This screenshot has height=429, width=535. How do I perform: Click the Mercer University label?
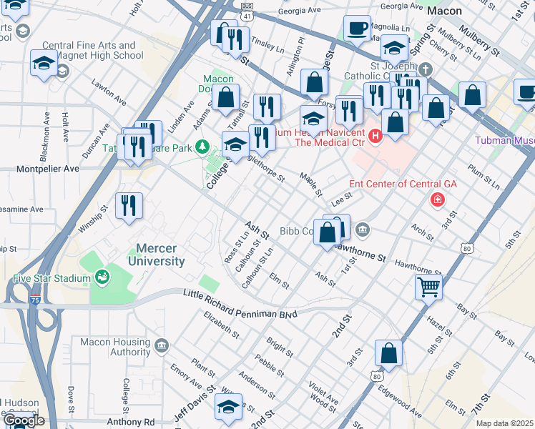coord(156,255)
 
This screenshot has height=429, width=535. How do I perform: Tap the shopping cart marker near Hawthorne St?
coord(428,287)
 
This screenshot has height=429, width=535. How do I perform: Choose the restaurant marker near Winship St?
coord(129,205)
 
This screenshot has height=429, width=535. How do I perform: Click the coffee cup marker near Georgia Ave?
coord(357,29)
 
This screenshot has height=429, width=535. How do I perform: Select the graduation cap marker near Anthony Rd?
coord(228,407)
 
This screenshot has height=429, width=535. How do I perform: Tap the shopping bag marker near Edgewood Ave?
coord(388,353)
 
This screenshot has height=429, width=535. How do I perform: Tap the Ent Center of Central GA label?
coord(403,184)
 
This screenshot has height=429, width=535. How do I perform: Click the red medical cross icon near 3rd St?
coord(436,200)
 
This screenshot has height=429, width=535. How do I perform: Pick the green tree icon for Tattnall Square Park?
coord(203,147)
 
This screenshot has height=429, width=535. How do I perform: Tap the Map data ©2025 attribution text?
coord(504,423)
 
